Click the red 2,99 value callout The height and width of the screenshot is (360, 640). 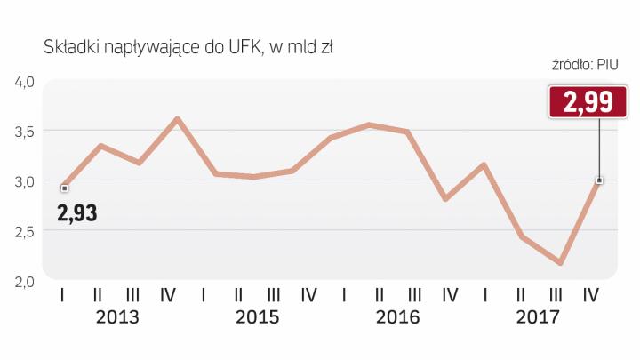(580, 101)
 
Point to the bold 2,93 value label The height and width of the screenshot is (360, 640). (76, 213)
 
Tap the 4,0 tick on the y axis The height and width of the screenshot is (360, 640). (23, 83)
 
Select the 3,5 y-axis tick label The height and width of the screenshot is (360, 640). (23, 132)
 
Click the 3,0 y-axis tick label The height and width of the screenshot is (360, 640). (23, 181)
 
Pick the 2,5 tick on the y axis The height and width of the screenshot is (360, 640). (23, 231)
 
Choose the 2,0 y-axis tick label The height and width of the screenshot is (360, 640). (23, 282)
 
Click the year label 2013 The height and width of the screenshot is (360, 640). (116, 317)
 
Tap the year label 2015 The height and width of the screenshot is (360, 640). (257, 317)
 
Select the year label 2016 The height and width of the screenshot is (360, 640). (396, 317)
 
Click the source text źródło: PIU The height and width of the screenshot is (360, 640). (584, 64)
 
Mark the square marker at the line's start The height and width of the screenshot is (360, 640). (64, 188)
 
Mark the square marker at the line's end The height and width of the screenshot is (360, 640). (599, 180)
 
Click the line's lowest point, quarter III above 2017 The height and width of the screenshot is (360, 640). (561, 263)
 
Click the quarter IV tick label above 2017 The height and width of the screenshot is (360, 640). (591, 294)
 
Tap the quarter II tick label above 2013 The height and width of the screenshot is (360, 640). (98, 294)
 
